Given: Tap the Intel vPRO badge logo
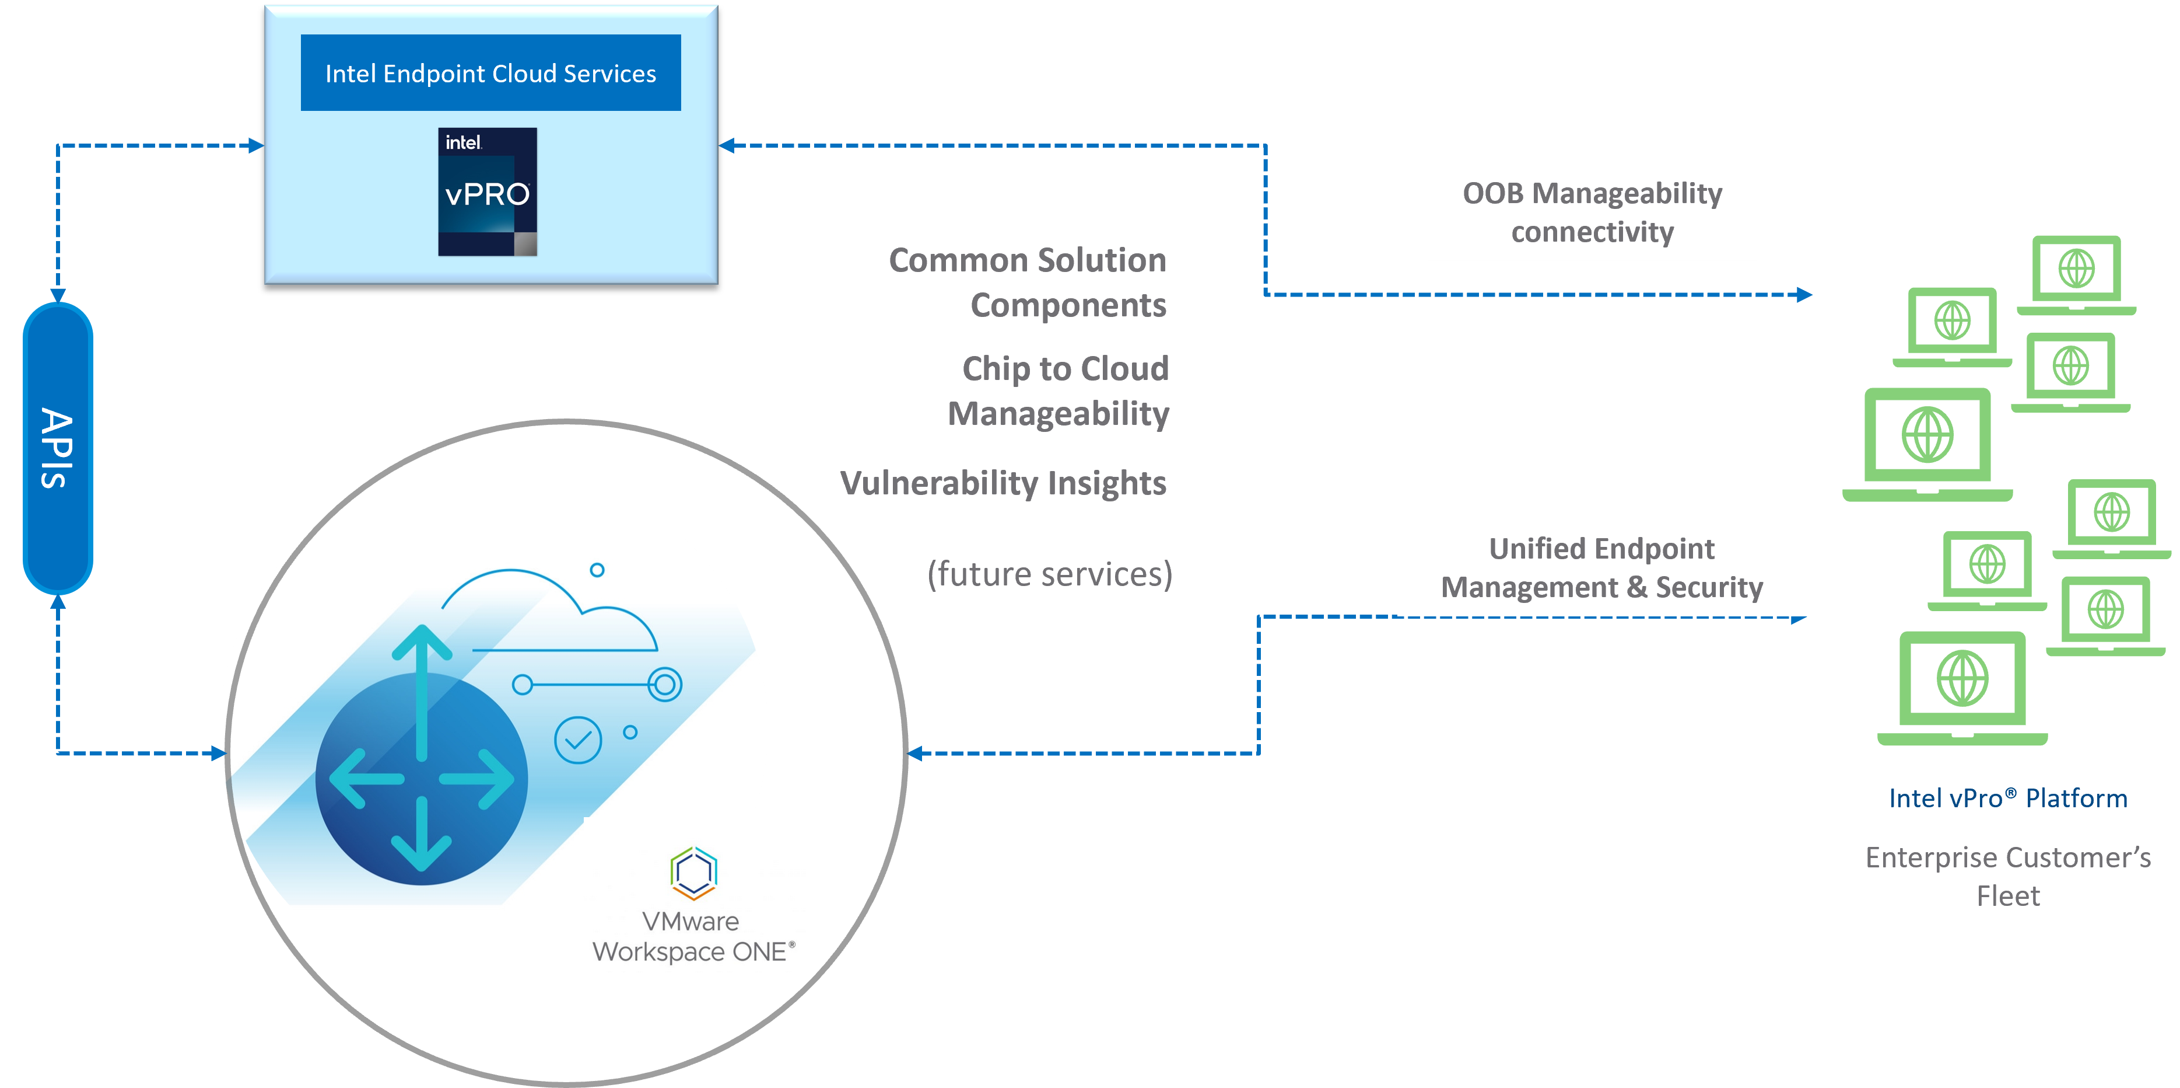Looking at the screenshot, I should coord(488,191).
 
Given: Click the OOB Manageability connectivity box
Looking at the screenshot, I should coord(1592,212).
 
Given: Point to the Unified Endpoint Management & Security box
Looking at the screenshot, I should coord(1601,567).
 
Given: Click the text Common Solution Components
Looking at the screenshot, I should coord(1028,282).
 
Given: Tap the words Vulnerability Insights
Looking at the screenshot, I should coord(1003,483).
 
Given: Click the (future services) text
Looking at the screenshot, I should coord(1049,574).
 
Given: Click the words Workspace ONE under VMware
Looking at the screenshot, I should coord(693,951).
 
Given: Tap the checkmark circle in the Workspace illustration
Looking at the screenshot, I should coord(577,740).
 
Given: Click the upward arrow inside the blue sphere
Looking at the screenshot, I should coord(422,677).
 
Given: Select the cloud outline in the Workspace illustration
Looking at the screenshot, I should coord(550,609).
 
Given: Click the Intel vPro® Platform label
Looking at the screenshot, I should coord(2007,798).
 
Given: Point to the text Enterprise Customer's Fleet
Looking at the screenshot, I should coord(2007,876).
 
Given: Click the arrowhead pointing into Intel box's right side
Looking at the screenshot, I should coord(727,146).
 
